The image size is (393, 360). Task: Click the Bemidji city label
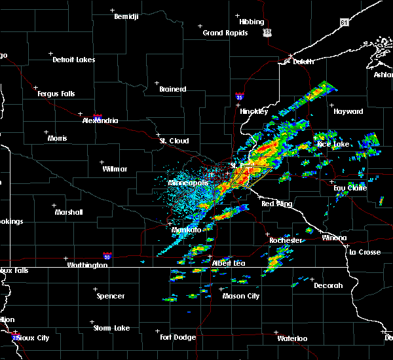[x=127, y=16]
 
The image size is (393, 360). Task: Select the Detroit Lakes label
[x=73, y=60]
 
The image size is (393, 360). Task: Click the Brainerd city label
[x=173, y=89]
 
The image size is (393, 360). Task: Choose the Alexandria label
[x=100, y=120]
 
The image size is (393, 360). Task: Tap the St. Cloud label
[x=174, y=141]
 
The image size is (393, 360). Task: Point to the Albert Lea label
[x=228, y=263]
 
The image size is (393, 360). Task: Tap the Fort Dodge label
[x=178, y=337]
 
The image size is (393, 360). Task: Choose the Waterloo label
[x=291, y=338]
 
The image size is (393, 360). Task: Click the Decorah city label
[x=327, y=285]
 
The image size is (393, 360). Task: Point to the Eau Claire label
[x=349, y=188]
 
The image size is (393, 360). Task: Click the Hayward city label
[x=348, y=111]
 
